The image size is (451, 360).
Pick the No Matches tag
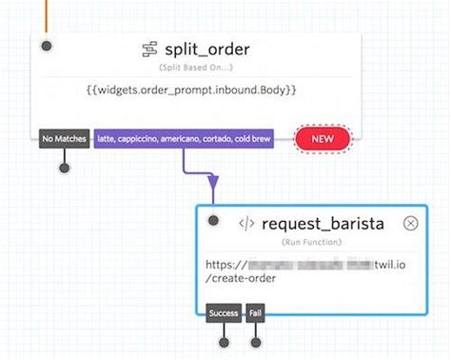(x=65, y=139)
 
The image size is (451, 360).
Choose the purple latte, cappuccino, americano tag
(x=183, y=139)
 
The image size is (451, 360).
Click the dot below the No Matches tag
(x=65, y=169)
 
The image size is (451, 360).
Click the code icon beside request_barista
(x=246, y=224)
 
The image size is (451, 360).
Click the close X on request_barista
(x=410, y=223)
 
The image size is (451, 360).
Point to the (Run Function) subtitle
(x=309, y=243)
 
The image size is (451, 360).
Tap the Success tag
(x=225, y=312)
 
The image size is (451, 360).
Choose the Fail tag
(x=255, y=312)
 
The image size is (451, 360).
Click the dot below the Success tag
(x=225, y=341)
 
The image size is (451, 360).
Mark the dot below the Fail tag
(x=255, y=341)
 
